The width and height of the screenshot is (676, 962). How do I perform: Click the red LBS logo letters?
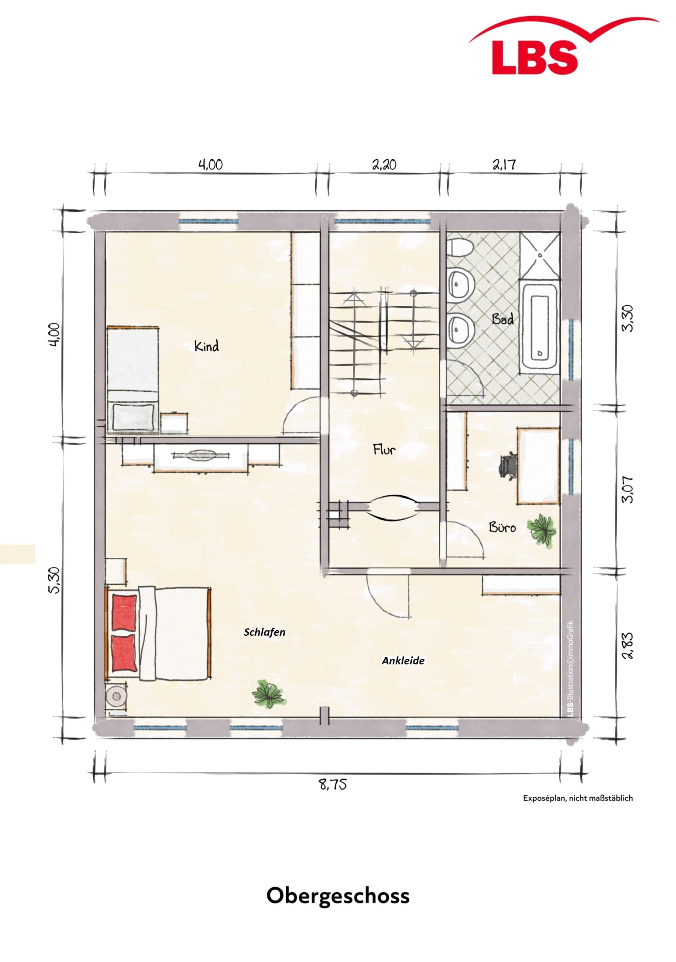[535, 57]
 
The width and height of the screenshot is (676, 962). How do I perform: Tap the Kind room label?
[207, 346]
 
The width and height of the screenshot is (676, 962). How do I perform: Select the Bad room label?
[503, 319]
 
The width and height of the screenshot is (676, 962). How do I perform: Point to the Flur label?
[384, 450]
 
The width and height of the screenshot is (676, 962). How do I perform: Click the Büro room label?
[502, 527]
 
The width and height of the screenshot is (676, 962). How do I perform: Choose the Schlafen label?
[264, 632]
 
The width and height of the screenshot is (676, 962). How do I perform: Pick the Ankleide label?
[403, 661]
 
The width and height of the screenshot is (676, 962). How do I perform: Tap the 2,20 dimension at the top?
[384, 164]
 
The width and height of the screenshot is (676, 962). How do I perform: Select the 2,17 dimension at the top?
[504, 164]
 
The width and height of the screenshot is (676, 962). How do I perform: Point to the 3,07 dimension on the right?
[628, 489]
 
